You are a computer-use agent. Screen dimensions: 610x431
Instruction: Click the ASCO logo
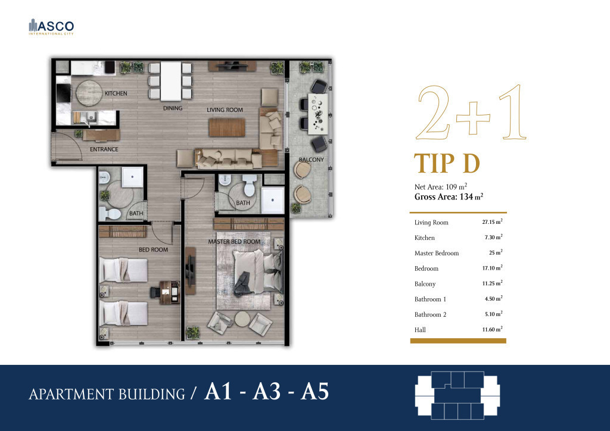coord(51,27)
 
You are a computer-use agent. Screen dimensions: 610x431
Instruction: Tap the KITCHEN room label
coord(116,93)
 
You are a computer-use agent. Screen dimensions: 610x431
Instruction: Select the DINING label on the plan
coord(173,108)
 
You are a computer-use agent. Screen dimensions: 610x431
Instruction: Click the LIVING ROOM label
coord(225,110)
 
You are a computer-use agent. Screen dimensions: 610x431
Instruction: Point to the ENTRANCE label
coord(104,149)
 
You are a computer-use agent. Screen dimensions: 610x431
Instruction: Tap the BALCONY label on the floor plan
coord(311,160)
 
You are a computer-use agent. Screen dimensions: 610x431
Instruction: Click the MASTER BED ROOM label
coord(234,242)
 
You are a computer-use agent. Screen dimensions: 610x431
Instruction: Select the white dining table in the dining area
coord(171,81)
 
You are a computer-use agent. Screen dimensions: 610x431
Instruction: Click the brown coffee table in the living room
coord(227,127)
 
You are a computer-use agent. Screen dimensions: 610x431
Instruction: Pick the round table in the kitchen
coord(89,93)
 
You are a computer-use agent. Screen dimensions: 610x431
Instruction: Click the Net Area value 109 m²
coord(456,186)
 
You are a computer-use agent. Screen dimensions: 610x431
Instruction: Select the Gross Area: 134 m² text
coord(449,196)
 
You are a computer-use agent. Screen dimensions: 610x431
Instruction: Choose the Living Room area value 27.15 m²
coord(492,222)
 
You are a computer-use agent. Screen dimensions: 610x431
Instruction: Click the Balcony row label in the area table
coord(425,284)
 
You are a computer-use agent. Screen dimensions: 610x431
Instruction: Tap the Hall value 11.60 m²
coord(492,330)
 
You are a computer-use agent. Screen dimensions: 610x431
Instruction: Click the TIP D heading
coord(447,164)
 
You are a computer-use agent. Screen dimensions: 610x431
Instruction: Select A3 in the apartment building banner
coord(266,391)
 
